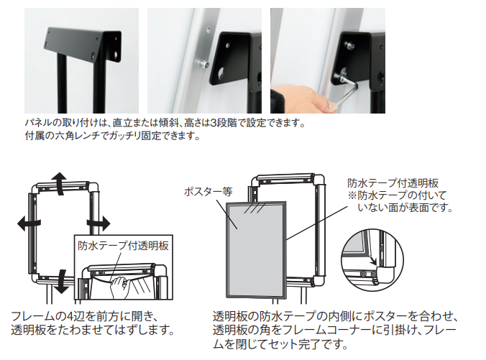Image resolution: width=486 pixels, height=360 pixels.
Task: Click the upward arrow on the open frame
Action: (x=58, y=183)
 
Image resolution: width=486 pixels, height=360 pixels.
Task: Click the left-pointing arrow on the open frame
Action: (x=29, y=223)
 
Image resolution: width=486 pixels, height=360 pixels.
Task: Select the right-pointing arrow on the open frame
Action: (x=98, y=223)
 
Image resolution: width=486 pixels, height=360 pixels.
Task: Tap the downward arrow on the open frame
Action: (x=62, y=281)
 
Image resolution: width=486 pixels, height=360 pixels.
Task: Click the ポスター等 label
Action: (x=208, y=192)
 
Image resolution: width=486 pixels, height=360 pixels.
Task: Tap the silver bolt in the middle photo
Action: (x=202, y=65)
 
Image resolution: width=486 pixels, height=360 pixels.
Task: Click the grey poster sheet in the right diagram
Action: (x=256, y=249)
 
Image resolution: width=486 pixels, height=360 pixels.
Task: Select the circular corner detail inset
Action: (x=372, y=261)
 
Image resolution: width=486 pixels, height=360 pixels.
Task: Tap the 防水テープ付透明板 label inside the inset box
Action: (x=124, y=246)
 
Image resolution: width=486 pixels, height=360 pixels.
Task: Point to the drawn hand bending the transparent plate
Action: (x=119, y=287)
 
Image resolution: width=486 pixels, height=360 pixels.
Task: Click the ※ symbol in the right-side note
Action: (x=352, y=195)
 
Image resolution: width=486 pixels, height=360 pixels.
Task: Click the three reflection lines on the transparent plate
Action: (x=255, y=208)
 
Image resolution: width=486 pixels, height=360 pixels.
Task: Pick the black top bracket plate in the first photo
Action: (x=83, y=45)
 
